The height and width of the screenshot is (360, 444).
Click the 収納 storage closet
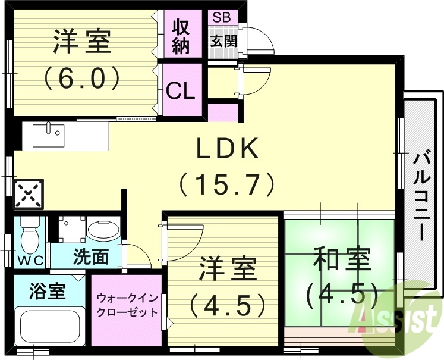[x=181, y=36]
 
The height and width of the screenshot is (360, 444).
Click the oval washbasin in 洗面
[x=103, y=230]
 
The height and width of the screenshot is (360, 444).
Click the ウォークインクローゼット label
[x=127, y=304]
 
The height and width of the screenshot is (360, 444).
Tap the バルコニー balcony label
[x=422, y=196]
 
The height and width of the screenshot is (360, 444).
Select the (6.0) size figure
[x=82, y=77]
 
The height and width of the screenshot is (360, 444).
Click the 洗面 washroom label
[x=90, y=257]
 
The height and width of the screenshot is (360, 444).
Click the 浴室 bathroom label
[x=47, y=292]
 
